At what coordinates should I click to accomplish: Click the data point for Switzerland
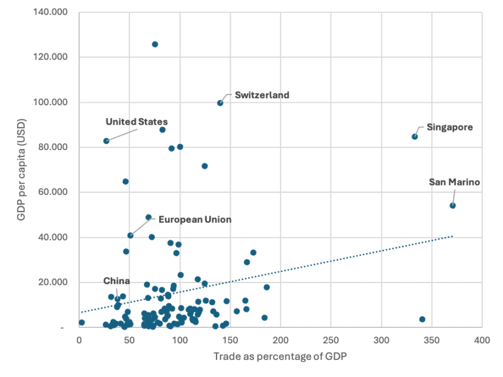(220, 103)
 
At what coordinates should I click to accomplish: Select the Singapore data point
(415, 136)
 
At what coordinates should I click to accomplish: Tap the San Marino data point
(453, 206)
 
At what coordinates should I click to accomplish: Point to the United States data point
(107, 141)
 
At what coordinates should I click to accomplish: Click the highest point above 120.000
(155, 44)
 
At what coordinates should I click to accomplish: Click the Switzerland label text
(262, 95)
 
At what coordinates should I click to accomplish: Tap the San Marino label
(454, 182)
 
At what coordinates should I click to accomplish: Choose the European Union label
(194, 219)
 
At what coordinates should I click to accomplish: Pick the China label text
(116, 281)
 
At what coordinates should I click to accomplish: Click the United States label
(136, 122)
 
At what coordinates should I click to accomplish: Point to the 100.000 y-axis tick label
(50, 102)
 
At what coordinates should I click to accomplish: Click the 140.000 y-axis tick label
(50, 12)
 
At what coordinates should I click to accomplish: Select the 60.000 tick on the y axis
(53, 193)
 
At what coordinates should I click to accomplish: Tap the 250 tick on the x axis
(331, 340)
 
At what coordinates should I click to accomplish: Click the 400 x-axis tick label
(482, 340)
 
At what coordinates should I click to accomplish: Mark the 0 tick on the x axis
(79, 340)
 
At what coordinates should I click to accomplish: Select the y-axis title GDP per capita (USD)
(21, 170)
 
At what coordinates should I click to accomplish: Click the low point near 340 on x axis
(422, 319)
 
